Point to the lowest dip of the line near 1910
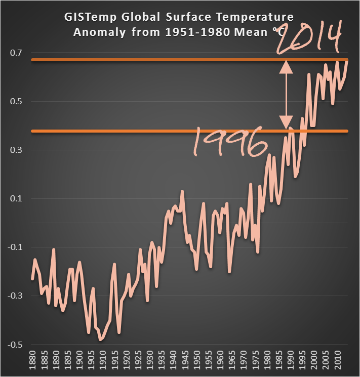click(101, 340)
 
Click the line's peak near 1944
click(182, 191)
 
